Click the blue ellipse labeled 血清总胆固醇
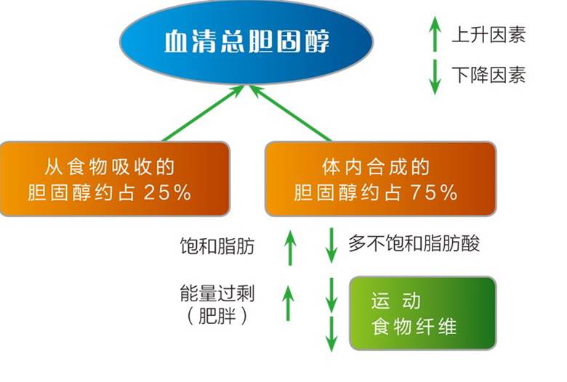point(246,42)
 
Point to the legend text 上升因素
point(488,34)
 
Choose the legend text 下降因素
point(488,75)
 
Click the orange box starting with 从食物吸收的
point(116,179)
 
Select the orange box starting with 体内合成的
point(380,179)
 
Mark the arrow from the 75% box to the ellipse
point(291,113)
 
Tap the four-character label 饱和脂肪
point(217,245)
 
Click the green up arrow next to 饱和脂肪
point(289,247)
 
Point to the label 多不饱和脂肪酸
point(414,243)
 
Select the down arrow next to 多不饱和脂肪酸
point(331,245)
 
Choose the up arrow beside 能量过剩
point(289,302)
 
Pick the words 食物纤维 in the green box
point(413,326)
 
